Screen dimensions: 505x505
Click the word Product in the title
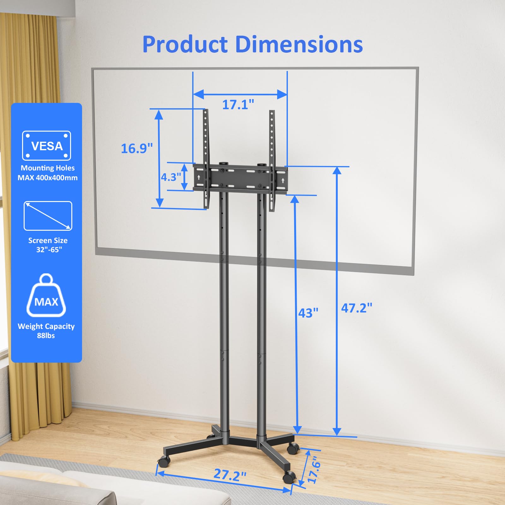pos(185,44)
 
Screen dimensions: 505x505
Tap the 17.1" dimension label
pos(238,104)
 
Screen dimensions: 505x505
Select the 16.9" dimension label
pos(137,148)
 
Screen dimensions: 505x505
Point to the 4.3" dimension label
pos(171,177)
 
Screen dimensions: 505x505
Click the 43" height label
pos(308,313)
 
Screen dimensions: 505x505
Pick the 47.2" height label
pos(357,308)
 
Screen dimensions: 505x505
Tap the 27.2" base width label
pos(230,474)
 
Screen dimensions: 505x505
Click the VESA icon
pos(46,146)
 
